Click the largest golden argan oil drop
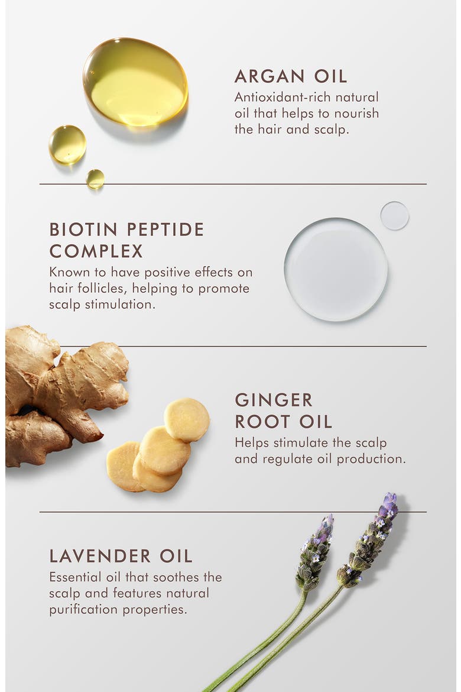pyautogui.click(x=135, y=82)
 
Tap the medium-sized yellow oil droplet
pyautogui.click(x=67, y=144)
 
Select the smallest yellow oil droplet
pyautogui.click(x=95, y=179)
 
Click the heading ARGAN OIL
pyautogui.click(x=291, y=76)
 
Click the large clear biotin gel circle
pyautogui.click(x=336, y=269)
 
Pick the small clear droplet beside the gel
pyautogui.click(x=394, y=216)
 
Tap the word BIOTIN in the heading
pyautogui.click(x=83, y=229)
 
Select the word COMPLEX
pyautogui.click(x=96, y=251)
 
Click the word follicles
pyautogui.click(x=103, y=288)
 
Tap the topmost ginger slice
pyautogui.click(x=187, y=420)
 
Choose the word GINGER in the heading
pyautogui.click(x=274, y=400)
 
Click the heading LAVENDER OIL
pyautogui.click(x=121, y=556)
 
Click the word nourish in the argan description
pyautogui.click(x=356, y=114)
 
